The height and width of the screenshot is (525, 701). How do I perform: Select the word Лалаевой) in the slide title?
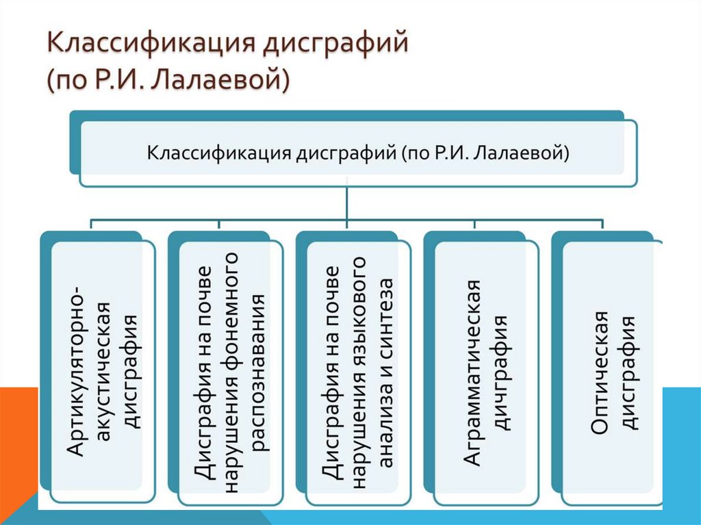(220, 81)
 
